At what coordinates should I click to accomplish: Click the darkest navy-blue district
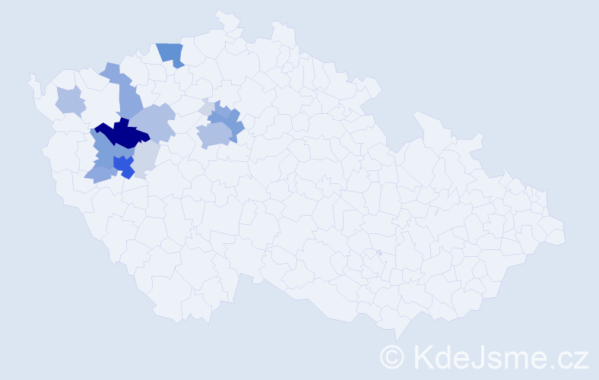[122, 135]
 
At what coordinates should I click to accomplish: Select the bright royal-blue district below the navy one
[122, 165]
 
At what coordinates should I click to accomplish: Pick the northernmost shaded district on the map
[171, 53]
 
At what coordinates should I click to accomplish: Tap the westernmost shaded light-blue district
[70, 100]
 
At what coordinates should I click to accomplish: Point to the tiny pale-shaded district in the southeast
[379, 252]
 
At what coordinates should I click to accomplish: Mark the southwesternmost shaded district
[99, 175]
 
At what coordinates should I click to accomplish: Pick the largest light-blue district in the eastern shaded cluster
[214, 135]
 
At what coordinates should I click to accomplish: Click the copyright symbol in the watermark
[392, 356]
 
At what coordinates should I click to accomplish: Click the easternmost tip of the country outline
[565, 232]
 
